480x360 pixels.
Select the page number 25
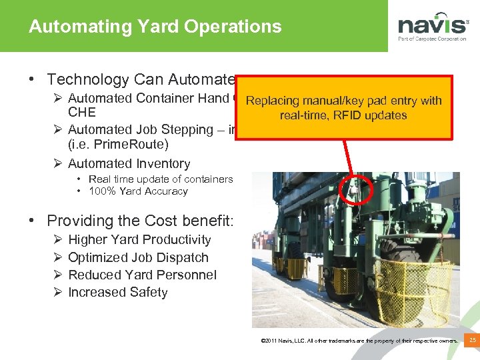pyautogui.click(x=472, y=341)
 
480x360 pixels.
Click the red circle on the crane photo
pyautogui.click(x=351, y=191)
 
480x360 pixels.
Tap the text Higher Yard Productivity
pyautogui.click(x=139, y=240)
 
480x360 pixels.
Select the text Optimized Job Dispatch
pyautogui.click(x=138, y=257)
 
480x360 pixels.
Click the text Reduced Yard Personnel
pyautogui.click(x=142, y=275)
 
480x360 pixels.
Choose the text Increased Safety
pyautogui.click(x=118, y=292)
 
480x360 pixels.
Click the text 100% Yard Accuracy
pyautogui.click(x=138, y=191)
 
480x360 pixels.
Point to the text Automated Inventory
pyautogui.click(x=129, y=163)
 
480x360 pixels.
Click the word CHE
pyautogui.click(x=82, y=112)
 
